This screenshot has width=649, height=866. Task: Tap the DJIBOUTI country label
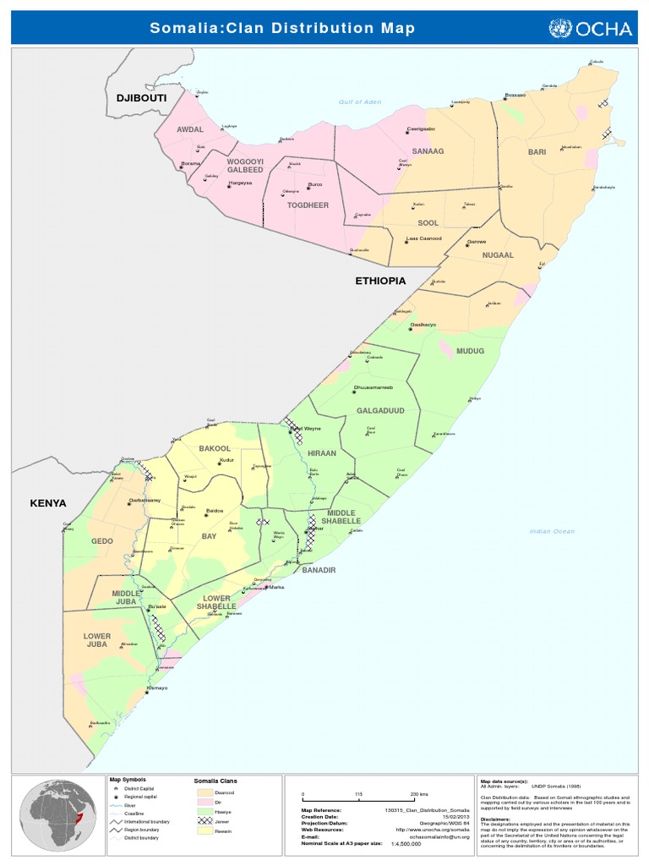click(142, 99)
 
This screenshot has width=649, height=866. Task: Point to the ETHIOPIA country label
click(380, 280)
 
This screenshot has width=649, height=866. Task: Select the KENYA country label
click(48, 502)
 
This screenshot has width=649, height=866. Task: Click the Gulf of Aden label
click(360, 101)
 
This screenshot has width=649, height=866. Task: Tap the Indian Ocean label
click(552, 531)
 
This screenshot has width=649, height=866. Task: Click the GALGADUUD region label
click(380, 409)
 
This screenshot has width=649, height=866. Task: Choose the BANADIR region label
click(319, 570)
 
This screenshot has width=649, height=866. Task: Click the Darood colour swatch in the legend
click(204, 792)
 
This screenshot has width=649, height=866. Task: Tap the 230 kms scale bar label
click(419, 795)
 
